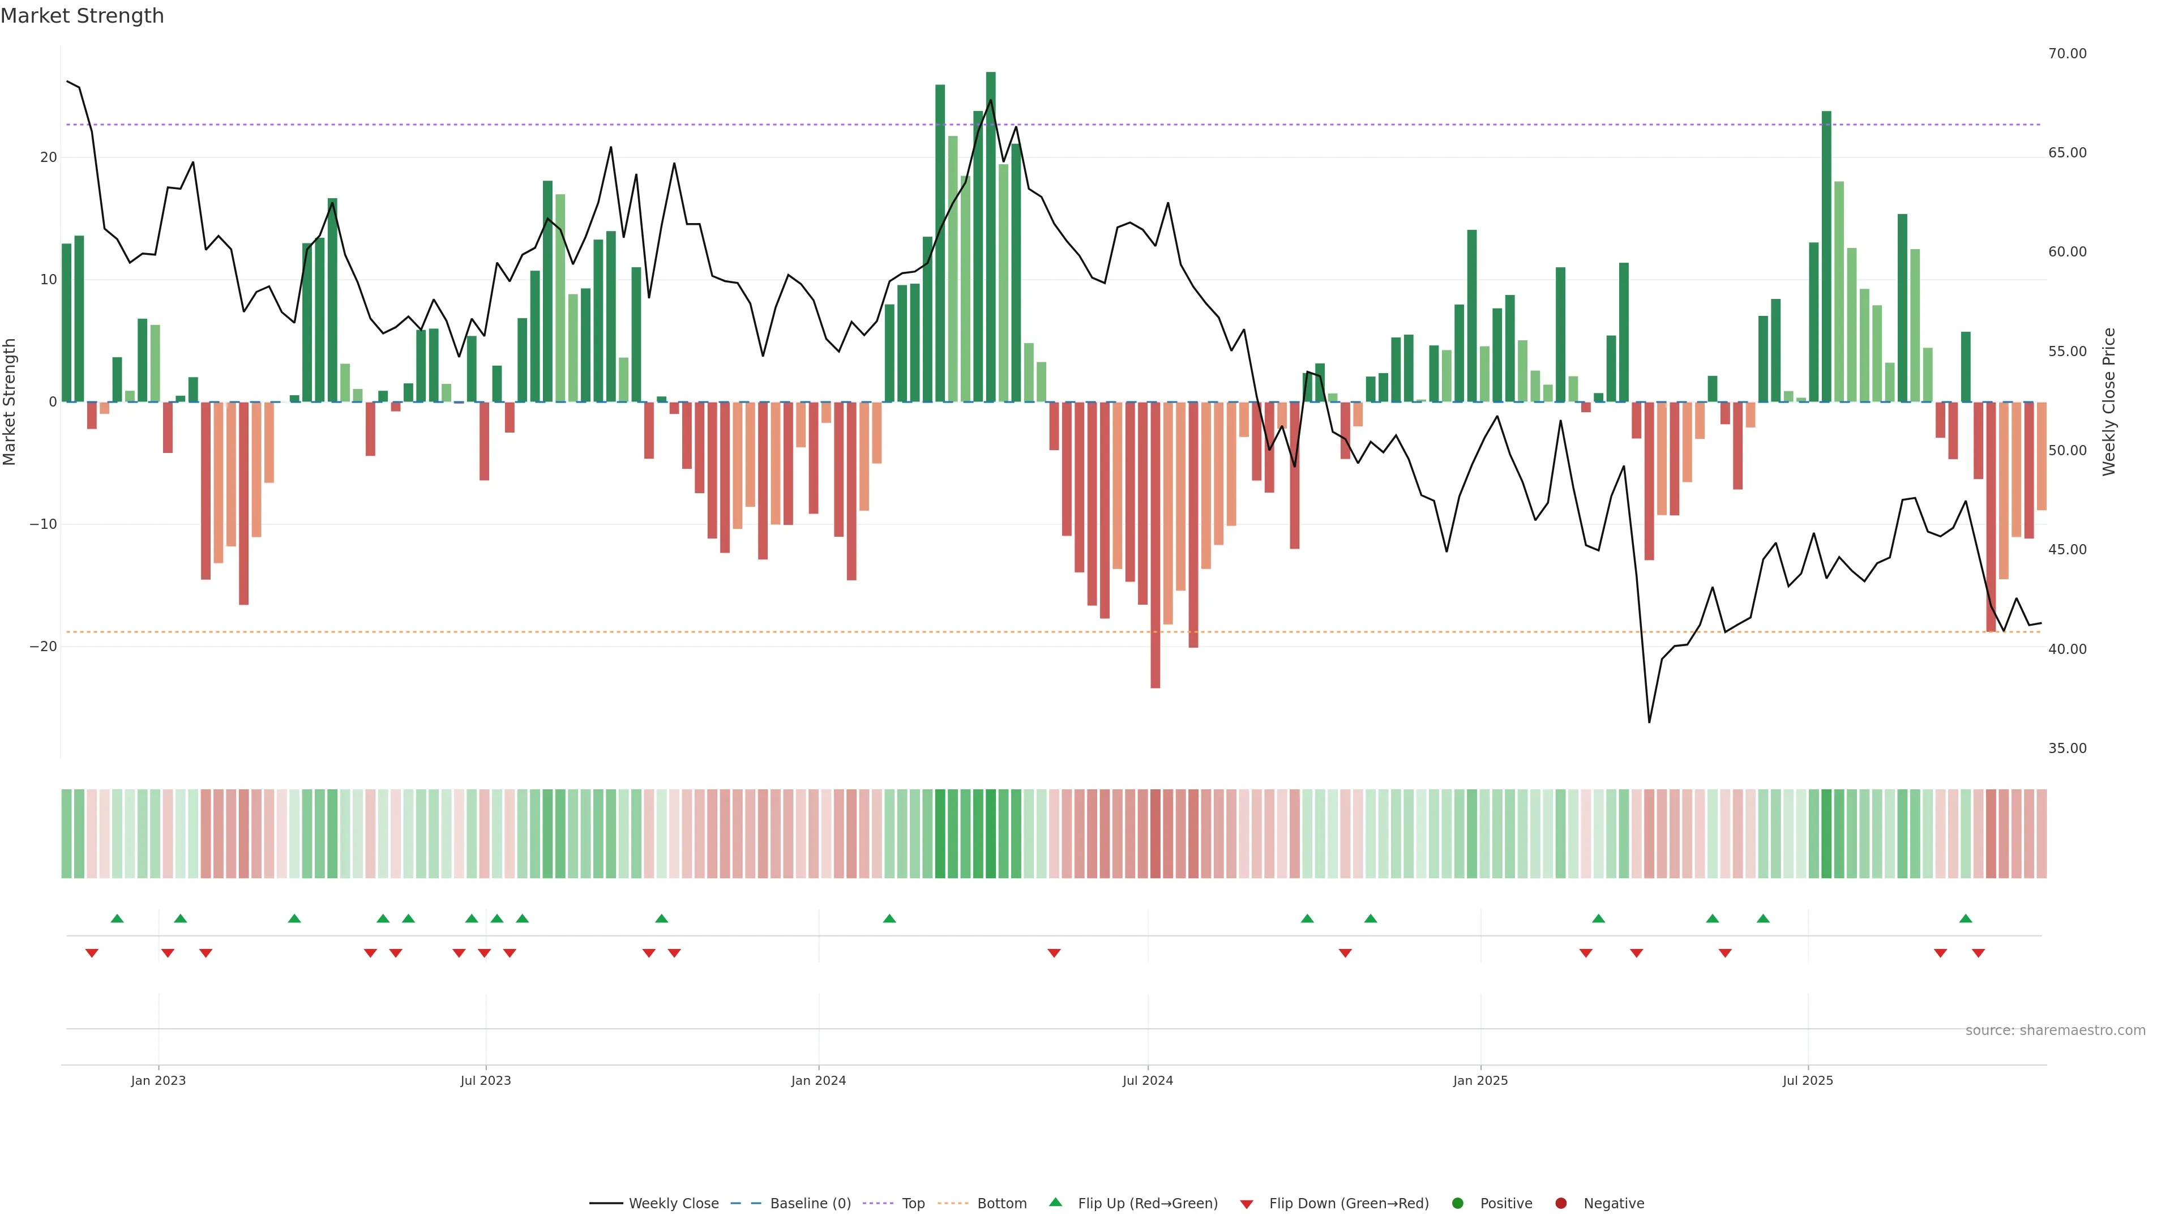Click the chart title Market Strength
82,16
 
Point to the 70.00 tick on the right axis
2067,54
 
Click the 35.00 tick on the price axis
2067,749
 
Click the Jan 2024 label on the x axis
818,1080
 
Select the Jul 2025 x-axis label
1807,1080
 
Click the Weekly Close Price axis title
2109,402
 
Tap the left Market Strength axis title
10,402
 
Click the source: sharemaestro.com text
2055,1030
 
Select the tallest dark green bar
990,236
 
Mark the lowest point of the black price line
1649,722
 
